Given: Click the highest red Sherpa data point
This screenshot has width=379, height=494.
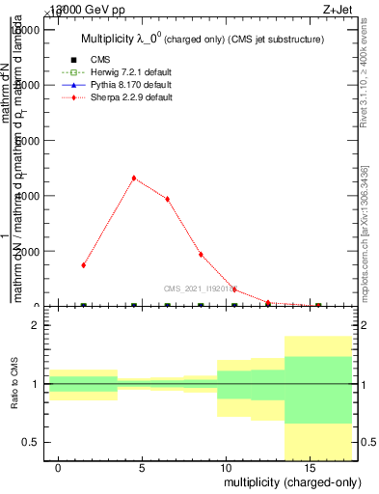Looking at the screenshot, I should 134,178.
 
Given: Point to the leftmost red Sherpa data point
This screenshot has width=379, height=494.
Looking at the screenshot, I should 84,264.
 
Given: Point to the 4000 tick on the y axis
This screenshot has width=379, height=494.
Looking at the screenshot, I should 32,196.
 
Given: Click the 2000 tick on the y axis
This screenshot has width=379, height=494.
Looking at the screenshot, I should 32,251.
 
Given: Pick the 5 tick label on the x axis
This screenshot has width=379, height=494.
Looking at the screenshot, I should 142,468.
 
